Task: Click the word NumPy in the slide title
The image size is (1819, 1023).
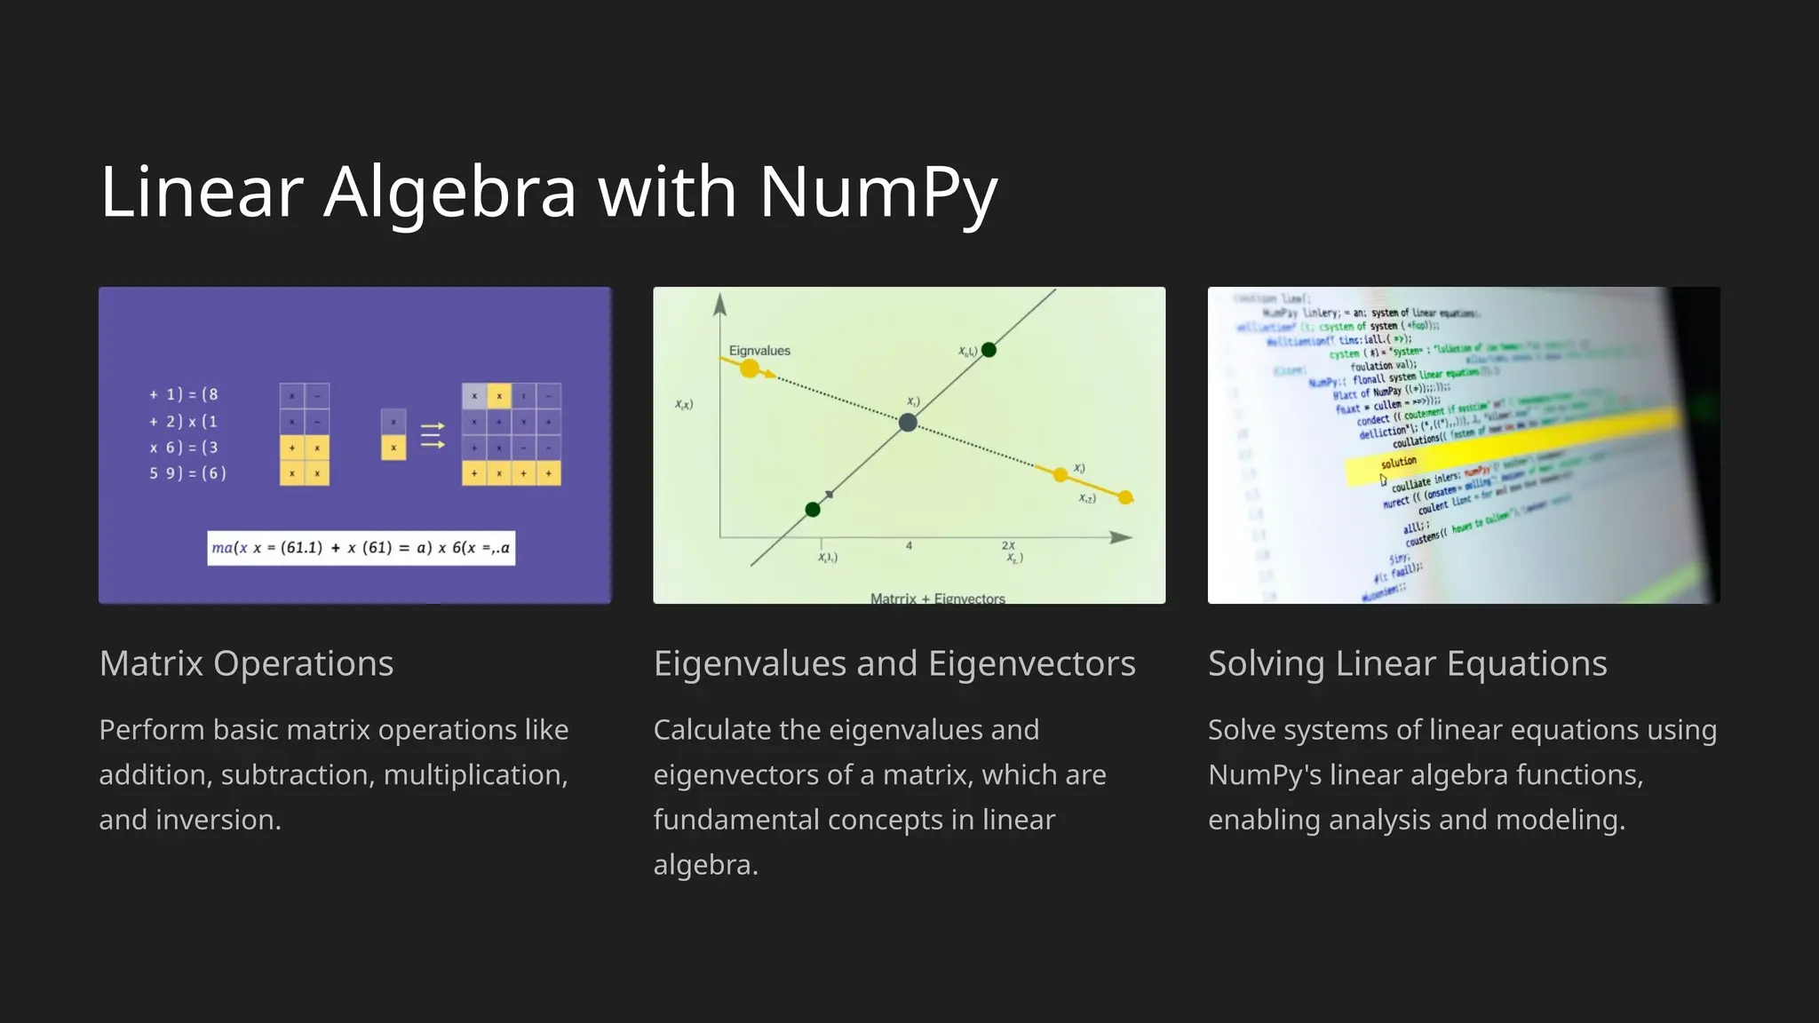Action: click(878, 192)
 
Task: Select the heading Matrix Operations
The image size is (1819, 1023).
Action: click(246, 663)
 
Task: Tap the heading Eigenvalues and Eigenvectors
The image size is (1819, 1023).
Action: click(894, 663)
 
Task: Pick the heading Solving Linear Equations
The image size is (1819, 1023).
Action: click(1407, 663)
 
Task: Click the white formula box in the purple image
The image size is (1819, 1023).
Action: click(361, 548)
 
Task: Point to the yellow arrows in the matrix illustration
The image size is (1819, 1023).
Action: click(433, 435)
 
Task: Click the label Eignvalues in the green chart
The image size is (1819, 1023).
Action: click(759, 351)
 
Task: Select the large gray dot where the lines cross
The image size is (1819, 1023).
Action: click(908, 423)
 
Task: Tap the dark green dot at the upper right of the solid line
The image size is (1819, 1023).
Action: click(989, 350)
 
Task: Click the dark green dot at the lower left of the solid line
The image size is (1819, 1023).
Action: click(813, 510)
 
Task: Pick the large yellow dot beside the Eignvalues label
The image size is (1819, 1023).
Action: click(750, 369)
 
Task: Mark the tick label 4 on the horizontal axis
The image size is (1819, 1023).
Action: click(909, 546)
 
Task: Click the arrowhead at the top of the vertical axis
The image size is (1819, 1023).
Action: click(720, 305)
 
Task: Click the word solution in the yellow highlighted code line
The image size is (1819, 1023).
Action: click(1398, 463)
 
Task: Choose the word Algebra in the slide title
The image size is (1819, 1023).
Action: click(449, 192)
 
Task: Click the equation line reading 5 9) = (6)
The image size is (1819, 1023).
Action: click(187, 473)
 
